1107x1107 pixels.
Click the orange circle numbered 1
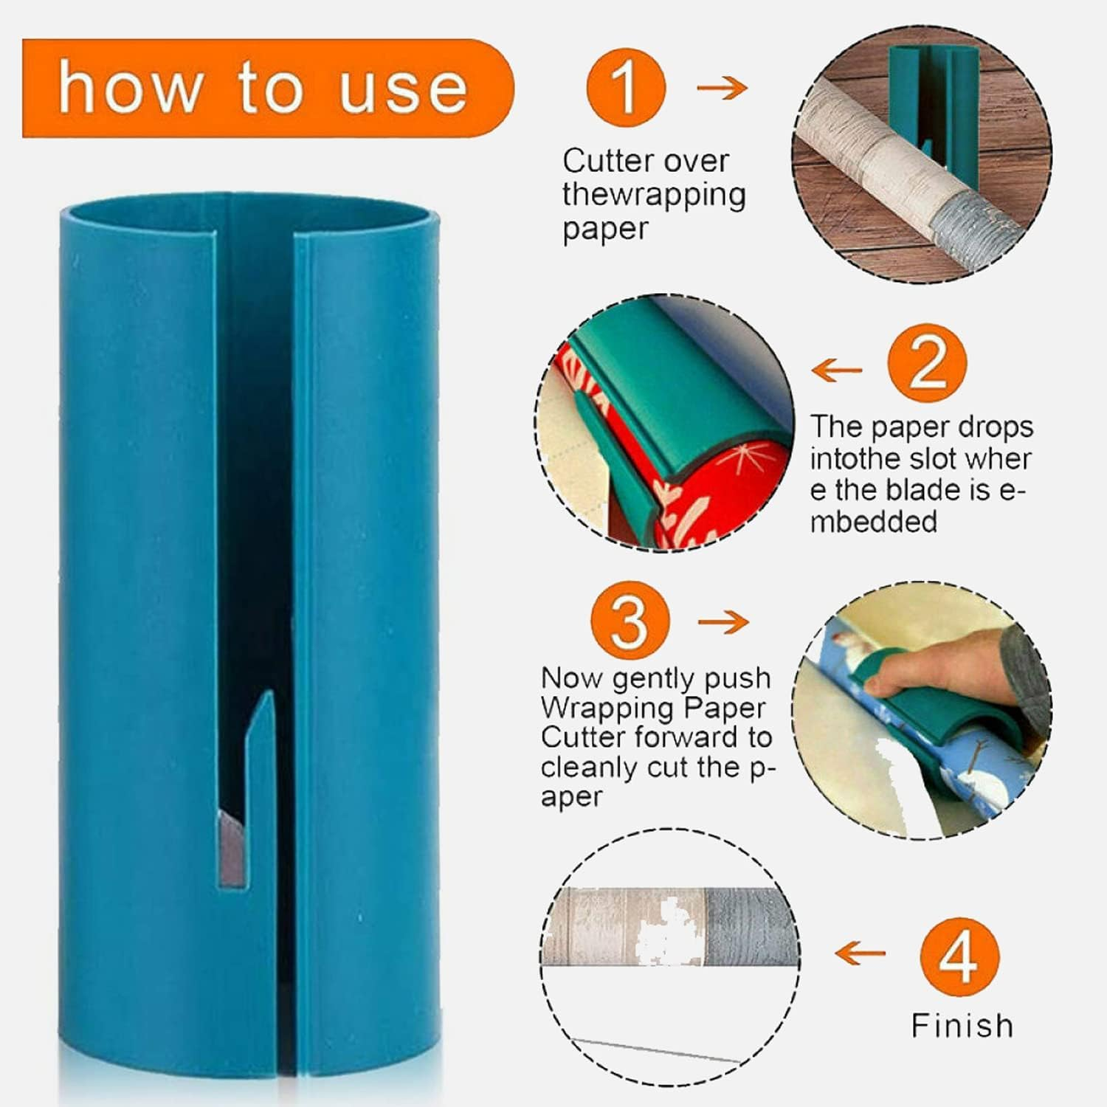[626, 88]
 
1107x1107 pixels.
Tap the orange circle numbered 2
[927, 364]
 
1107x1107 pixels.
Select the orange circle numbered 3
[630, 622]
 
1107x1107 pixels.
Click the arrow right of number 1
[722, 89]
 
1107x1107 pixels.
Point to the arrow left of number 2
[836, 370]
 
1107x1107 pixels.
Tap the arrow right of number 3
[723, 622]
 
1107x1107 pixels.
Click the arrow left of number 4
[860, 953]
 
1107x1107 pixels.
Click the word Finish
[962, 1026]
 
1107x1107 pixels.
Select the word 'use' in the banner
[403, 89]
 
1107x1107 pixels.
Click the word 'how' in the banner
[130, 89]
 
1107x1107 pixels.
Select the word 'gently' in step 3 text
[646, 677]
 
